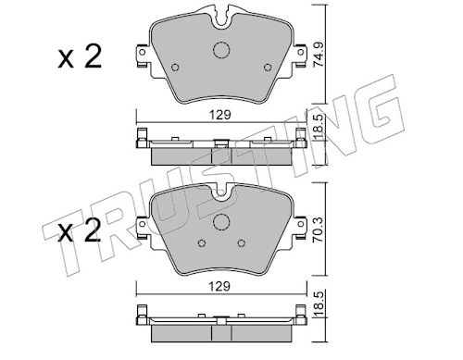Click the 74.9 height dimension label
[318, 55]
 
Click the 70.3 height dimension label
[318, 230]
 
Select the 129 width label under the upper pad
[220, 115]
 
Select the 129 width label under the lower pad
[219, 287]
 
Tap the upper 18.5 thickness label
[319, 128]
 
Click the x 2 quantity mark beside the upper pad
[80, 56]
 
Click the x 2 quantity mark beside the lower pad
[80, 230]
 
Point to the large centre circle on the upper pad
[221, 50]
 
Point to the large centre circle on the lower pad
[221, 222]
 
